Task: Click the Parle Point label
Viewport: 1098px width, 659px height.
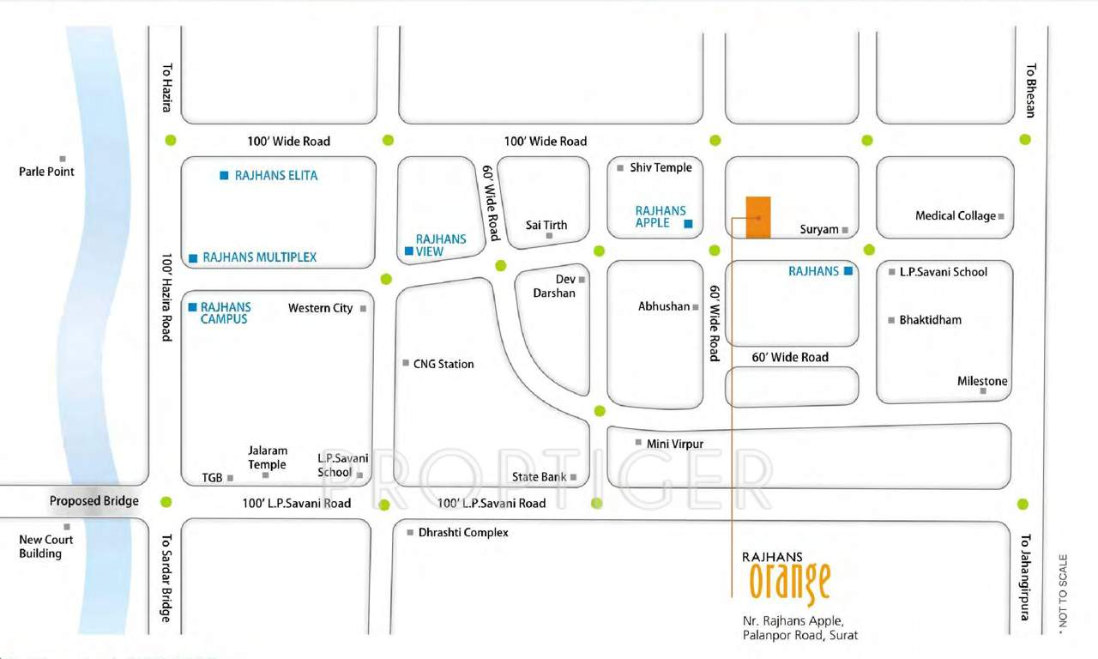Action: tap(46, 172)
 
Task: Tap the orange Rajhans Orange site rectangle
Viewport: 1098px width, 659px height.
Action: tap(757, 217)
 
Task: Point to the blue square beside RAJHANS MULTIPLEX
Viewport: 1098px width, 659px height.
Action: tap(194, 257)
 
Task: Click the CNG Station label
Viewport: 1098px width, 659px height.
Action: tap(443, 364)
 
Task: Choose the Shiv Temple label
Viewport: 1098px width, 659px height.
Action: tap(661, 167)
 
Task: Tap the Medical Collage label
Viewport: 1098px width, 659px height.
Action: tap(956, 215)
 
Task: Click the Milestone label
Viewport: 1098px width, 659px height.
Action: tap(982, 381)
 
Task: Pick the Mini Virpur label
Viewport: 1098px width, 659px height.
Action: tap(675, 444)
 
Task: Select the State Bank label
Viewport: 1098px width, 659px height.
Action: tap(539, 477)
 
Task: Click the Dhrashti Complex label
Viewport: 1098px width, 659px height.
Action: tap(463, 533)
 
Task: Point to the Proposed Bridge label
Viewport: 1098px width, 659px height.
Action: tap(94, 501)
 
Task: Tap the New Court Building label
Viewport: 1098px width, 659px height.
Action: tap(46, 547)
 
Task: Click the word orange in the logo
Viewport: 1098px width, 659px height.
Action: tap(789, 583)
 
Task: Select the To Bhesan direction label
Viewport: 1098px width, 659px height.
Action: tap(1030, 90)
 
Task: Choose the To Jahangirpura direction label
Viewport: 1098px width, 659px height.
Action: tap(1023, 577)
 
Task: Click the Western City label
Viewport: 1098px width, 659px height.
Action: tap(320, 308)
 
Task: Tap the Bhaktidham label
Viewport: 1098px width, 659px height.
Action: tap(930, 320)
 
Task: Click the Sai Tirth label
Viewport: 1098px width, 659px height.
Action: tap(546, 225)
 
